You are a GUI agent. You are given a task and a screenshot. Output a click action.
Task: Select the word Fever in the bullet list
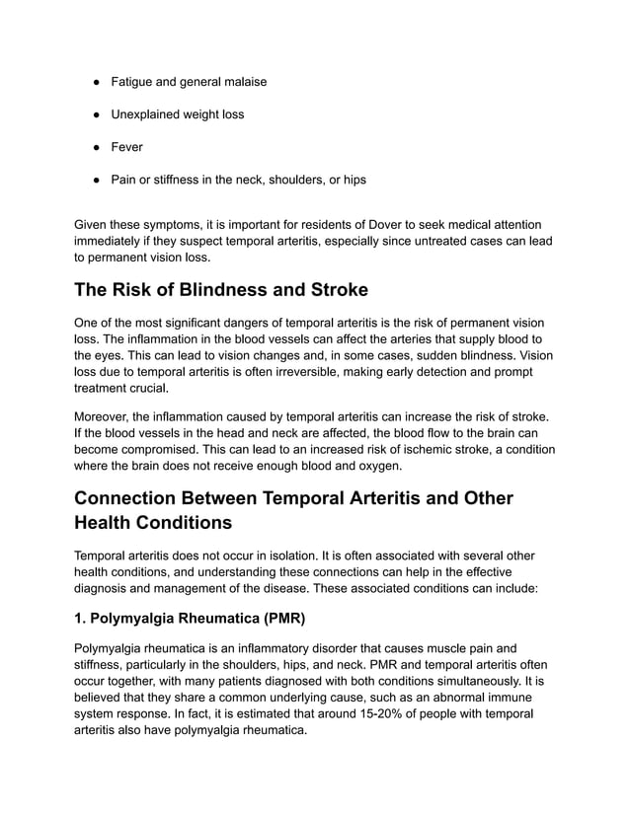click(x=126, y=147)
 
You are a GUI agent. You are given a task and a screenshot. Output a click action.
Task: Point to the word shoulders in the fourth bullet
click(x=285, y=180)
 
